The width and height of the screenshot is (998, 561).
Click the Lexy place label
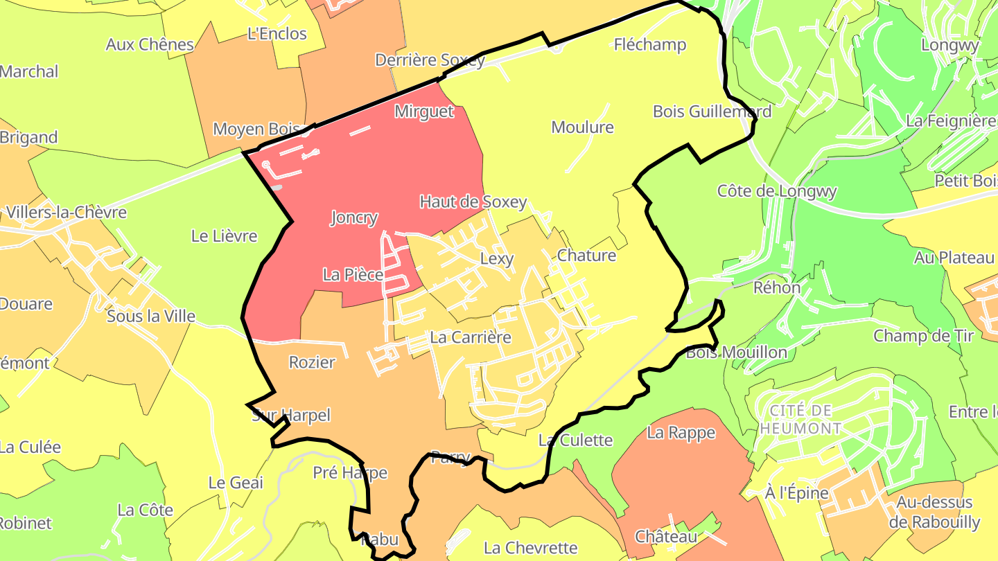click(x=497, y=259)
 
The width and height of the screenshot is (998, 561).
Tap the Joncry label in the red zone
click(x=354, y=217)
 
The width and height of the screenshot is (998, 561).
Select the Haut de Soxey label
click(x=473, y=202)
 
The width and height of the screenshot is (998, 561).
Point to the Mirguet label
click(x=424, y=112)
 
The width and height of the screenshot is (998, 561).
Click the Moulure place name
click(x=582, y=127)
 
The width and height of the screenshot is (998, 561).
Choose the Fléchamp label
click(x=650, y=45)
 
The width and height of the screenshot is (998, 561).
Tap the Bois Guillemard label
click(x=712, y=112)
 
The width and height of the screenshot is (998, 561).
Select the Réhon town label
click(x=777, y=287)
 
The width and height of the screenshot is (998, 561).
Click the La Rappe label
click(x=681, y=433)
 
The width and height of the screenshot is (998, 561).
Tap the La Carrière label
click(x=471, y=337)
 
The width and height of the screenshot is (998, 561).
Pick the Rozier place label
click(x=312, y=362)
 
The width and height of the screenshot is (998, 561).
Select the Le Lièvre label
click(x=224, y=236)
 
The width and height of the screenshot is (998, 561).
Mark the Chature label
click(x=586, y=256)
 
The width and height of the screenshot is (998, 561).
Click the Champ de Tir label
click(x=923, y=337)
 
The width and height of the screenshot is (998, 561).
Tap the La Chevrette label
click(x=531, y=548)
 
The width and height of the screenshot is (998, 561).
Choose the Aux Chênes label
click(x=150, y=45)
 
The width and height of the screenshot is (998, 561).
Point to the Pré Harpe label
click(x=350, y=473)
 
